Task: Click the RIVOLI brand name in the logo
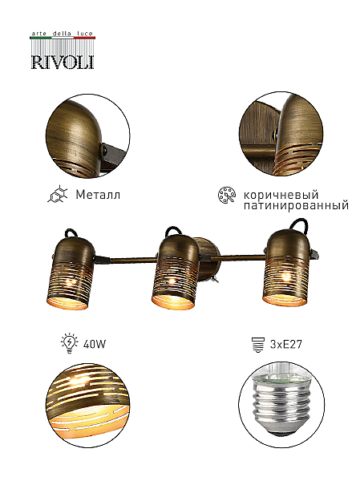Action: point(63,62)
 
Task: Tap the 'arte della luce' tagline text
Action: point(63,34)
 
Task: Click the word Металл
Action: point(98,195)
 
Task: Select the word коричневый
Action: point(281,195)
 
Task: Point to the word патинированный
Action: point(296,205)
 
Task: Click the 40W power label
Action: point(95,344)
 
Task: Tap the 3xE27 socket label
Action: point(286,344)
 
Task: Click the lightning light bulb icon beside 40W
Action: point(70,343)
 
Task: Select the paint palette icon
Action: point(227,195)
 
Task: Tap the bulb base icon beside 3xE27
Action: point(258,344)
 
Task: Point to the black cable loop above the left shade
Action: point(70,233)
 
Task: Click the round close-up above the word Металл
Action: point(87,136)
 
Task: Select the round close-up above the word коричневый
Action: point(281,134)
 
